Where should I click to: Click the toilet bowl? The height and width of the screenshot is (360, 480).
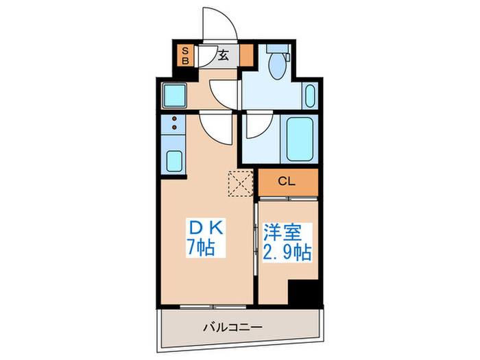(x=278, y=69)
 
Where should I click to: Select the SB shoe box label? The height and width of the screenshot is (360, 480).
(x=184, y=55)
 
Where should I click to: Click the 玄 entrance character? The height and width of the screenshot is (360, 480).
(x=224, y=56)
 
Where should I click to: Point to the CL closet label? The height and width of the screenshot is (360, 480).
(x=287, y=182)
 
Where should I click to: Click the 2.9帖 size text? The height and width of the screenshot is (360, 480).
(x=287, y=252)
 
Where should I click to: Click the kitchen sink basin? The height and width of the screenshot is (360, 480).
(x=175, y=163)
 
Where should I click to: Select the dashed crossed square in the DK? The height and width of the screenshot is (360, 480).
(x=241, y=182)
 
